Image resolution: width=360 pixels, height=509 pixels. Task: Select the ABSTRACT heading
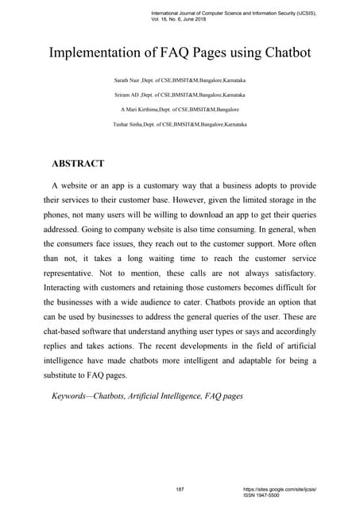pyautogui.click(x=78, y=164)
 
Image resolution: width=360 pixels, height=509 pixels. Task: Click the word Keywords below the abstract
pyautogui.click(x=66, y=394)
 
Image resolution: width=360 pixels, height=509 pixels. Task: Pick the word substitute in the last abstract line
pyautogui.click(x=66, y=376)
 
